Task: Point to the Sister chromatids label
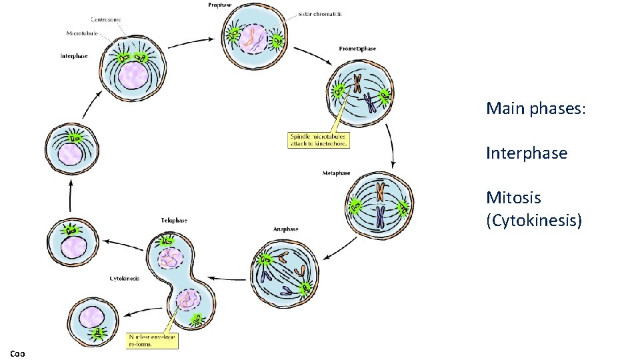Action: point(320,14)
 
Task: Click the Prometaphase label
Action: point(357,49)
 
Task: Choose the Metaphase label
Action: point(336,173)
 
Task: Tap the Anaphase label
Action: point(285,229)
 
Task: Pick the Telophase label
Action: point(173,220)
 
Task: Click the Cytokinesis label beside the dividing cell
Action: point(124,278)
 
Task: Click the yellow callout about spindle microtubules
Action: point(319,139)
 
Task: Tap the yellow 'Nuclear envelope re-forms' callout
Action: point(152,340)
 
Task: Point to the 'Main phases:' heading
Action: point(536,107)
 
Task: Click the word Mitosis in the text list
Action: point(513,197)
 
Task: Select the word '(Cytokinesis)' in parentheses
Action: point(533,220)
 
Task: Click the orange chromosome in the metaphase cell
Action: point(379,192)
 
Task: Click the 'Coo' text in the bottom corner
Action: point(17,353)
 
